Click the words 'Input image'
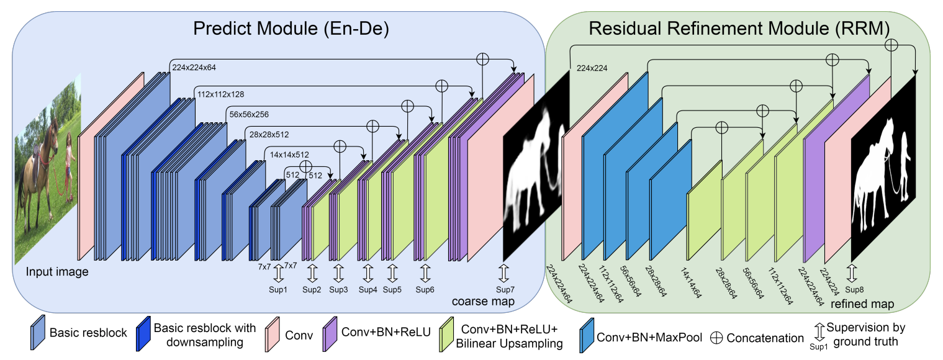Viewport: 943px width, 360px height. [58, 272]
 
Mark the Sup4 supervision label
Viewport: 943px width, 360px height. [368, 289]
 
